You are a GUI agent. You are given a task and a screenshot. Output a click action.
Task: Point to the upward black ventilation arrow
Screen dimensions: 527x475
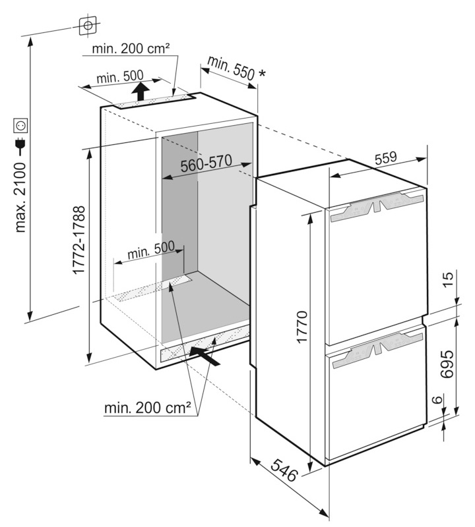point(139,91)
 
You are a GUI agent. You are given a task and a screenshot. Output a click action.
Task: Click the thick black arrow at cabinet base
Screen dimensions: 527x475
point(204,354)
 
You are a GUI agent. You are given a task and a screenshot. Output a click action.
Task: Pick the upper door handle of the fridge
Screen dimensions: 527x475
point(375,208)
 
